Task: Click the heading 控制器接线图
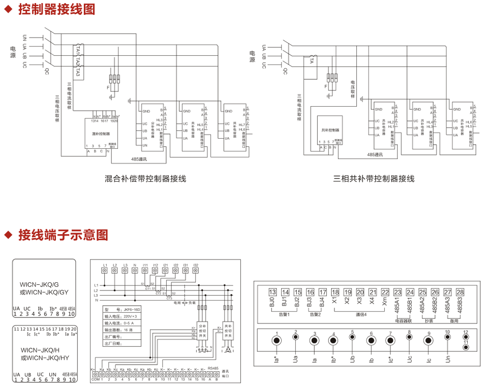tap(56, 9)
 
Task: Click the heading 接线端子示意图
tap(63, 235)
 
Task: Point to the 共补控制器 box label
tap(330, 131)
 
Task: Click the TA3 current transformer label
tap(77, 71)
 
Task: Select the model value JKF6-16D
tap(131, 309)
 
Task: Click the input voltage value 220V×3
tap(131, 316)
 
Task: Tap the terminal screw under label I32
tap(196, 271)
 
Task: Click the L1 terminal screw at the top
tap(105, 271)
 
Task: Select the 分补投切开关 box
tap(202, 332)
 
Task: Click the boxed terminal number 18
tap(335, 292)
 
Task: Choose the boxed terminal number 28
tap(460, 292)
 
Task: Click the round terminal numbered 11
tap(465, 347)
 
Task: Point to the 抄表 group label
tap(429, 321)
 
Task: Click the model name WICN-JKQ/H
tap(40, 350)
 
